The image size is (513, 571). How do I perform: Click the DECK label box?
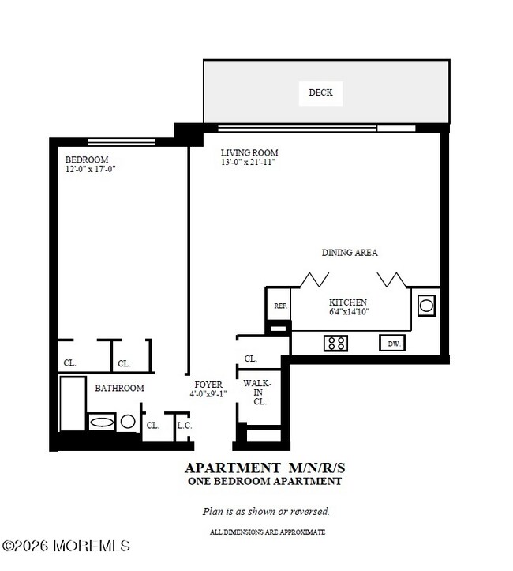point(320,92)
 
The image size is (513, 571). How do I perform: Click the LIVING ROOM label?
point(249,152)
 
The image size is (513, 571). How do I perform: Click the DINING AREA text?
point(350,253)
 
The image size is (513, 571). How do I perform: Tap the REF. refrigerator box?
point(279,306)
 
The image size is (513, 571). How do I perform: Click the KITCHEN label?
point(348,302)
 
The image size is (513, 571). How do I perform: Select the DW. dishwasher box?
point(392,344)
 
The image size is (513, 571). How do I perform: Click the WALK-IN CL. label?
point(257,392)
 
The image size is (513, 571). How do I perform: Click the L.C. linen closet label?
point(185,425)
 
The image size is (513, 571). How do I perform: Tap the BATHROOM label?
point(119,388)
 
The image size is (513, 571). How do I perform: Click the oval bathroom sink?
point(102,423)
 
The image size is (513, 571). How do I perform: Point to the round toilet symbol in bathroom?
point(127,422)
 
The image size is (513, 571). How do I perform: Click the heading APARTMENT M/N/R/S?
point(264,468)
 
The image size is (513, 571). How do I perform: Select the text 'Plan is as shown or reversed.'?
point(266,511)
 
